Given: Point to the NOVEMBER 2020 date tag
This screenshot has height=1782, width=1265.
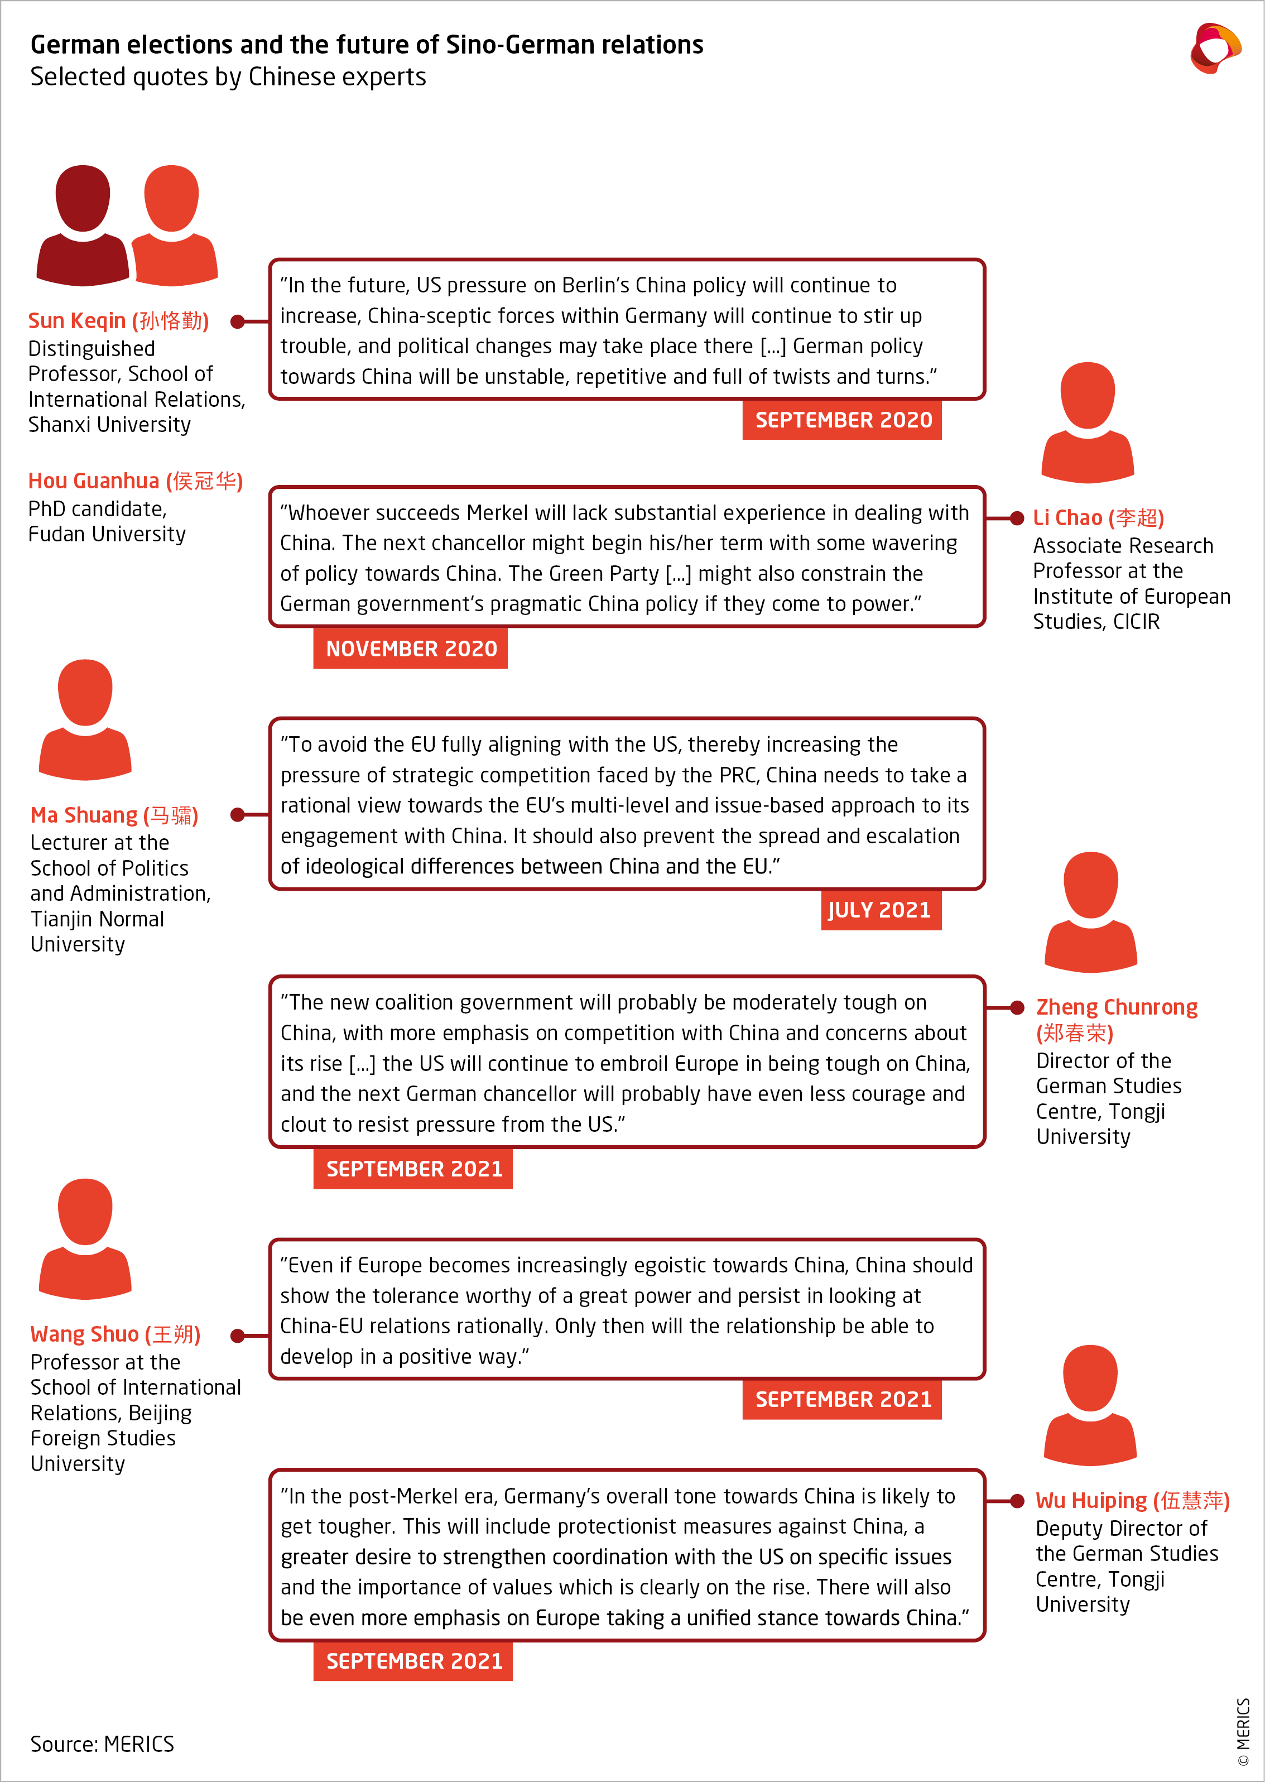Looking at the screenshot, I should [x=411, y=649].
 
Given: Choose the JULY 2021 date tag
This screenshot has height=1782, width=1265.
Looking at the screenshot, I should [x=880, y=910].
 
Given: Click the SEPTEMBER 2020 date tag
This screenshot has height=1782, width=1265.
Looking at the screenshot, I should [x=842, y=420].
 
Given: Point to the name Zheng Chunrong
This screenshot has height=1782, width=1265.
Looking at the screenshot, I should [x=1116, y=1008].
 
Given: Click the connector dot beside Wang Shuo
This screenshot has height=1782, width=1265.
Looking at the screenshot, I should [x=238, y=1336].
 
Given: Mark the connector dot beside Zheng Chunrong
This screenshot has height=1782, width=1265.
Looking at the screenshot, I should [x=1017, y=1008].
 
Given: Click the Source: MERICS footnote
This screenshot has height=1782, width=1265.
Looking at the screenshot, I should [x=102, y=1745].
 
